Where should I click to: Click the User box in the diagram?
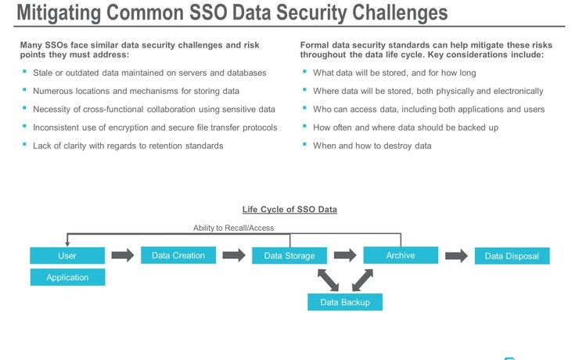67,256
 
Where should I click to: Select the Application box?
67,277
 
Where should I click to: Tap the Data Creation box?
178,255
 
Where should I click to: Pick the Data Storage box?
289,256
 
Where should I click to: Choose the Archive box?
400,255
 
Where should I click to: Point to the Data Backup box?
344,302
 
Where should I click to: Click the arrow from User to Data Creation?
123,255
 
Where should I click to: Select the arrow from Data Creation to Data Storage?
234,255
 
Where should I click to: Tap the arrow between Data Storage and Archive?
345,255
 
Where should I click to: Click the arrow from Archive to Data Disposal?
456,255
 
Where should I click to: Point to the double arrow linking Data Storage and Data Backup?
328,279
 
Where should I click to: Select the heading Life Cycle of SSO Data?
289,210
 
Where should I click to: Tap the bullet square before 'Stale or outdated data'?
24,72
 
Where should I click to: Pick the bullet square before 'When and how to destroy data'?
304,145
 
